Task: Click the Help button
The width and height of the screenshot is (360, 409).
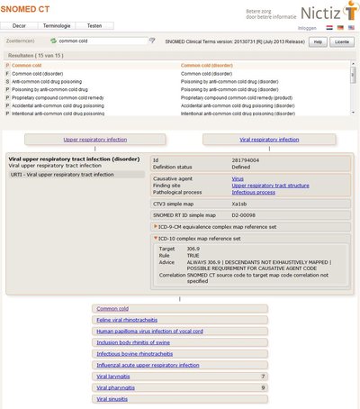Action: coord(317,41)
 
